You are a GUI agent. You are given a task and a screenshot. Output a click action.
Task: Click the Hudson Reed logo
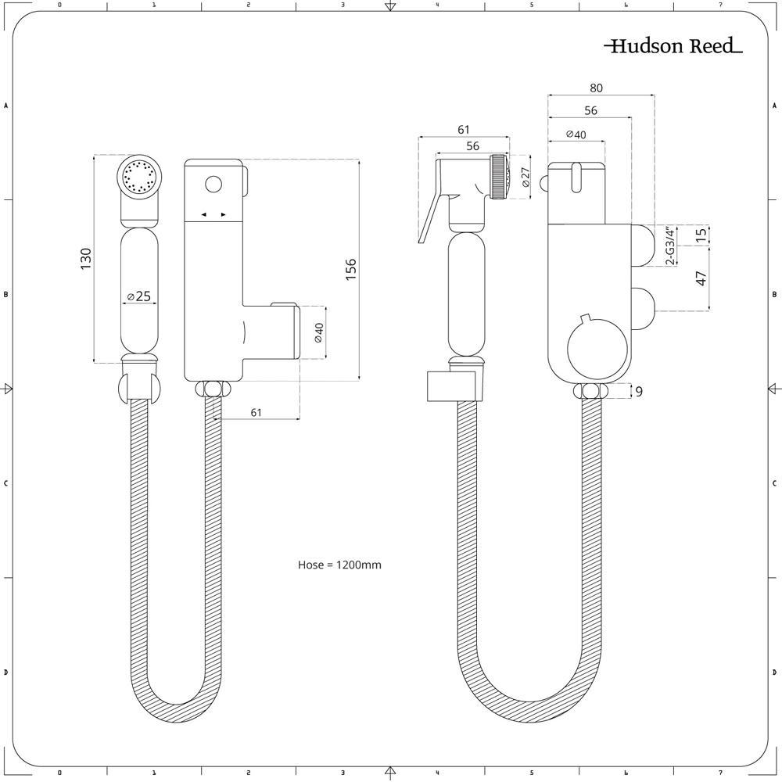pos(673,46)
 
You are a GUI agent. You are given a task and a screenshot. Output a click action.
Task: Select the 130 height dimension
pos(85,259)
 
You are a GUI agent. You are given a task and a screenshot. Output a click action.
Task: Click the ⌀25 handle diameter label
pos(139,296)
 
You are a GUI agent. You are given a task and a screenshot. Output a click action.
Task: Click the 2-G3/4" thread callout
pos(669,246)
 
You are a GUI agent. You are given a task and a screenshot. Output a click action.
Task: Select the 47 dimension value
pos(701,278)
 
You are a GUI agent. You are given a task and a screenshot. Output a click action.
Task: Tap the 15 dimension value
pos(701,234)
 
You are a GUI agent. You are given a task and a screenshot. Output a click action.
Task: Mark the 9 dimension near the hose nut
pos(639,392)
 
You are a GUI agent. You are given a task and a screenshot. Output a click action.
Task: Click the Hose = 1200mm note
pos(339,564)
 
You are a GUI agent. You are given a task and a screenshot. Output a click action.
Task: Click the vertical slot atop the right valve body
pos(576,177)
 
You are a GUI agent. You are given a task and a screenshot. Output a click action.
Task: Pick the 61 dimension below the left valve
pos(256,412)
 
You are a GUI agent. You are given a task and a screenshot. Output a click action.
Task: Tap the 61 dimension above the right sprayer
pos(463,130)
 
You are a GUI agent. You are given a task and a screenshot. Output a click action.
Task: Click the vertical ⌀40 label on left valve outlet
pos(317,332)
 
